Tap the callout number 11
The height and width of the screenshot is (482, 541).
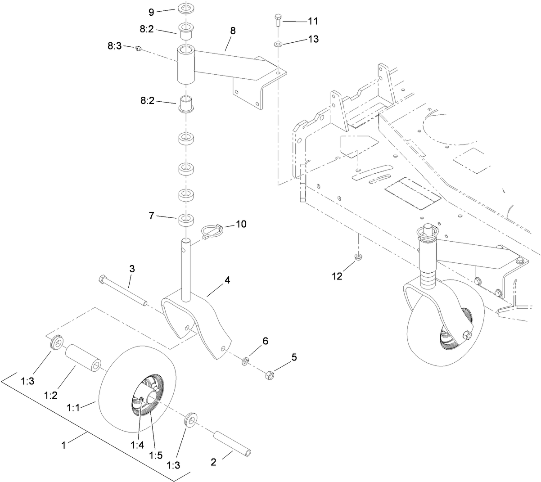(312, 21)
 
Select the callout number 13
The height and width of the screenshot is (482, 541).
(313, 39)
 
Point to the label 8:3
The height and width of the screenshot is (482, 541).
(114, 46)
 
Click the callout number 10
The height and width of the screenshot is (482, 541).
(241, 224)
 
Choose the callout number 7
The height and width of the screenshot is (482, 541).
(151, 216)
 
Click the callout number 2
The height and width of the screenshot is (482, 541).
(213, 461)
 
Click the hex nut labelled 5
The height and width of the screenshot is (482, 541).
(268, 374)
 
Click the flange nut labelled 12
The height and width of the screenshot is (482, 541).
(357, 257)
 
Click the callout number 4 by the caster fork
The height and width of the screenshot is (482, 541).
(227, 280)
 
